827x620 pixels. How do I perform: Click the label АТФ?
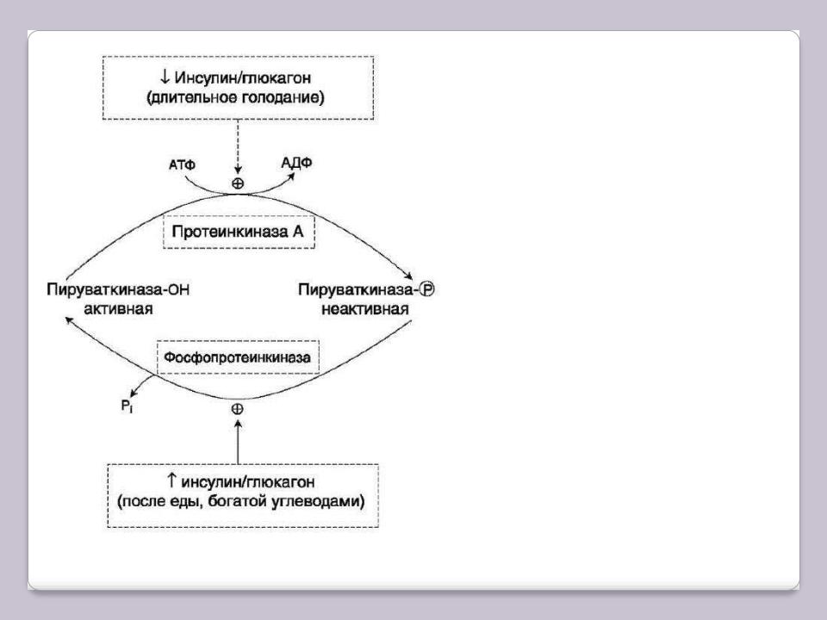[182, 165]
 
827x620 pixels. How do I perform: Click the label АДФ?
[296, 163]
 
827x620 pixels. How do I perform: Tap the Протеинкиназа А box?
[239, 232]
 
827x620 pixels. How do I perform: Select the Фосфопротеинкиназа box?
[238, 357]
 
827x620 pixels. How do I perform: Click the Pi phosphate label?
[127, 406]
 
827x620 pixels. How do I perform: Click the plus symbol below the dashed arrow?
[238, 183]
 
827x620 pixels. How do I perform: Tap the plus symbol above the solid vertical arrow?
[238, 409]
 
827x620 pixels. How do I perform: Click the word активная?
[118, 309]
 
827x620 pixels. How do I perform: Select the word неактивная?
[365, 309]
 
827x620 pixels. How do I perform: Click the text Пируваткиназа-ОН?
[118, 289]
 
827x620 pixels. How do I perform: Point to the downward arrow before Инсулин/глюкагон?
[165, 77]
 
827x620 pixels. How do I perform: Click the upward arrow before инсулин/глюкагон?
[171, 480]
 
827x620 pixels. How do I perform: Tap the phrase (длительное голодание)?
[235, 97]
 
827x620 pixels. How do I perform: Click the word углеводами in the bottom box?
[318, 501]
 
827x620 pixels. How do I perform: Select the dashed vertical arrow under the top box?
[238, 146]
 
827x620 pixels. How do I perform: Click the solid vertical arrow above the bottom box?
[238, 442]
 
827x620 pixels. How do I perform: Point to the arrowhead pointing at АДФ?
[290, 176]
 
